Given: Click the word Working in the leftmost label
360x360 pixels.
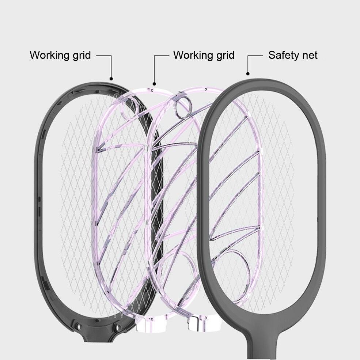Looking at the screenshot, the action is click(x=48, y=55).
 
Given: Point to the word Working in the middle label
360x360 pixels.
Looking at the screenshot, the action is click(x=192, y=55).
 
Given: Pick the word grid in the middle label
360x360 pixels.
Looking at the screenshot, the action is click(x=223, y=55).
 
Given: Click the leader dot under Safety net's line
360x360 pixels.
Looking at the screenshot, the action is click(x=248, y=73).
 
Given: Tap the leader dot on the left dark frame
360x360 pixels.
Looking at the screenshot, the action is click(x=111, y=78).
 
